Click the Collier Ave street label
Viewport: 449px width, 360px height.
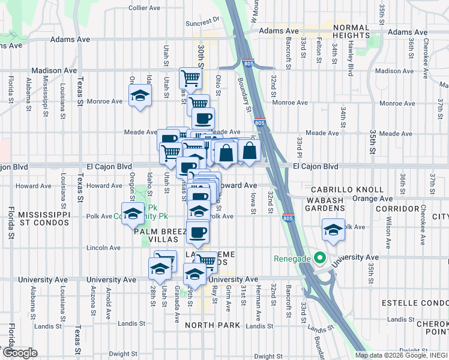[144, 8]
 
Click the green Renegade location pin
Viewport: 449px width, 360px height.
[320, 259]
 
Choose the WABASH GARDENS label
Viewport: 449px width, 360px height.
[324, 204]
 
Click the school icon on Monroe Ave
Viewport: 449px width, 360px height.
[140, 95]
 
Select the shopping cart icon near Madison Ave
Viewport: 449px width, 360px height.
[190, 77]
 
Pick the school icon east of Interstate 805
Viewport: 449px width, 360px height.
[334, 230]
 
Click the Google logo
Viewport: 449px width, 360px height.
[19, 353]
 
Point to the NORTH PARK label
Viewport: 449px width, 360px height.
[212, 325]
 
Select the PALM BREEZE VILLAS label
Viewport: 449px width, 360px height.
[157, 235]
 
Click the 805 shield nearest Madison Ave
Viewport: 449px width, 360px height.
[247, 62]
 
